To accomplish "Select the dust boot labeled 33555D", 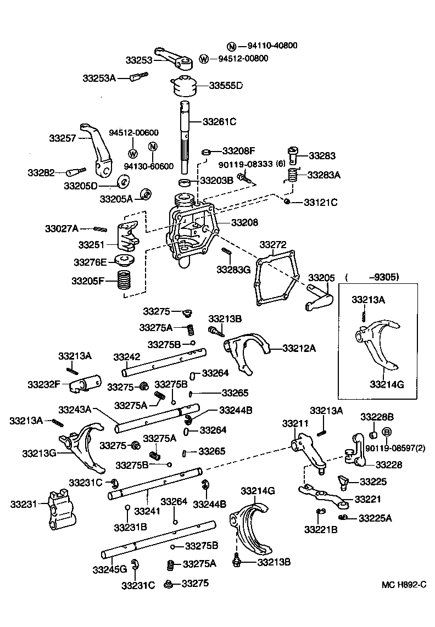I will (183, 86).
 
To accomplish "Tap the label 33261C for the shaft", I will (219, 121).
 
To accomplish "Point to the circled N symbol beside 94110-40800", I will (232, 46).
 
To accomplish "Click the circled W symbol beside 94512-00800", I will (204, 59).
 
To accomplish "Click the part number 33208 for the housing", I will (244, 222).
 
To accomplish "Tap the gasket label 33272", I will (273, 243).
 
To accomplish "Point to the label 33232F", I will (44, 384).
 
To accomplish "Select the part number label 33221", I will (368, 499).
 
